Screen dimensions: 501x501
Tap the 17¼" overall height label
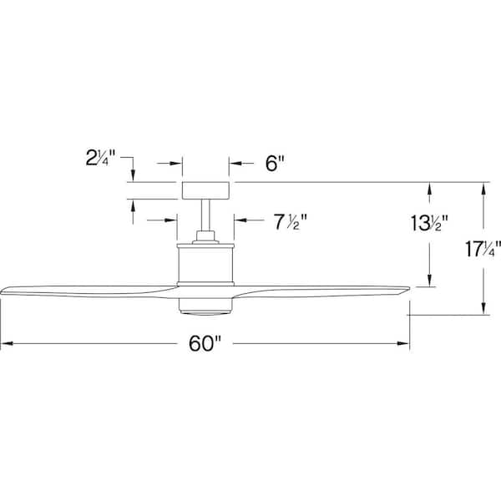pos(483,249)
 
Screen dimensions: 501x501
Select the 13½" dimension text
pos(431,224)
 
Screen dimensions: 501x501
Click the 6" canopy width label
pos(276,164)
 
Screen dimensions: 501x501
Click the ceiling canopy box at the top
pos(205,190)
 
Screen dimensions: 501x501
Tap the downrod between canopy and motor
pos(205,220)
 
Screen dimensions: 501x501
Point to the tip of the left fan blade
pos(5,292)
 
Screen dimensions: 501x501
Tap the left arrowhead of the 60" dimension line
pos(5,343)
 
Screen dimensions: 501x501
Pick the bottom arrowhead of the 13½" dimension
pos(431,285)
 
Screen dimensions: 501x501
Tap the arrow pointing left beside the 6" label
pos(236,164)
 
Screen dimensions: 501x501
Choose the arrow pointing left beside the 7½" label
pos(240,221)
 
